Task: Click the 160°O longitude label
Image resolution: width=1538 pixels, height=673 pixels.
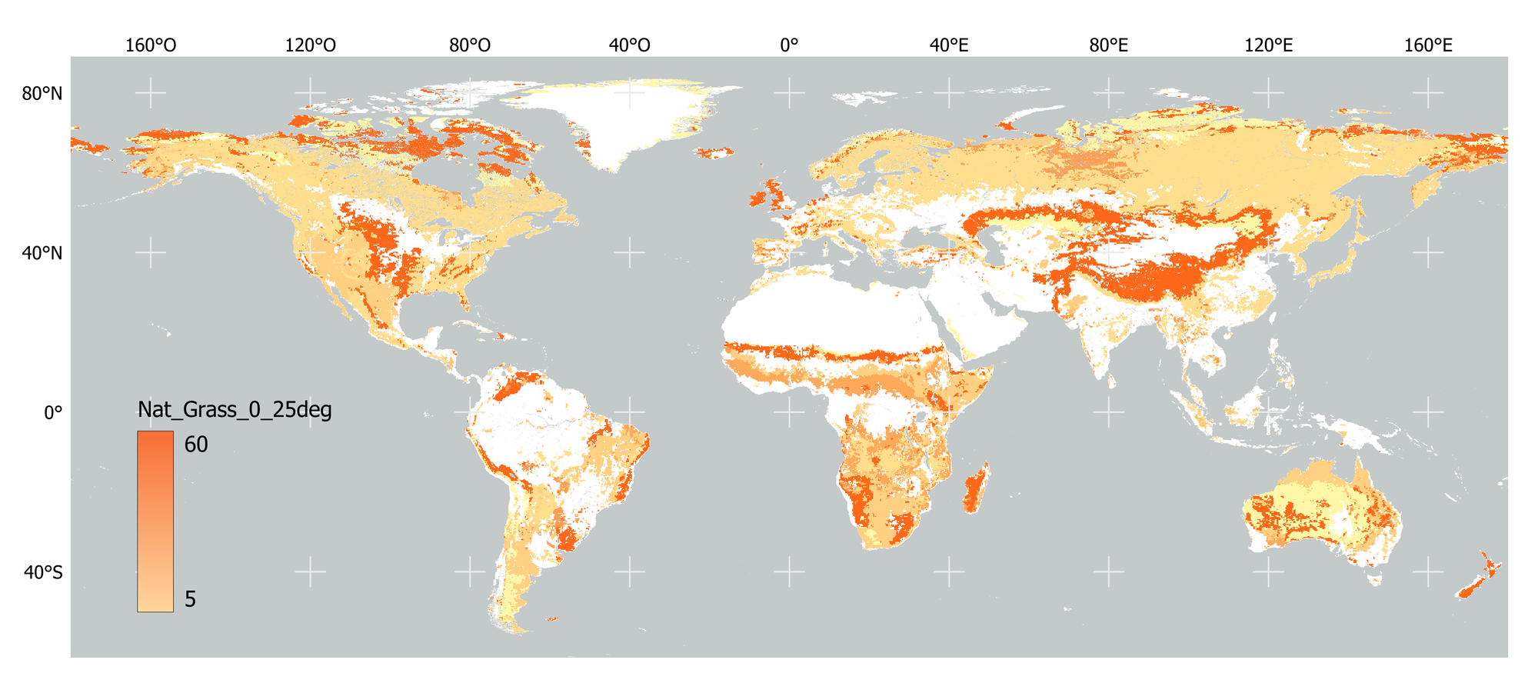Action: [151, 45]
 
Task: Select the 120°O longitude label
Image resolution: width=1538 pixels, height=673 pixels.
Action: [310, 45]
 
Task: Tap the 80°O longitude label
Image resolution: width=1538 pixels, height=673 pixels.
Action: [470, 45]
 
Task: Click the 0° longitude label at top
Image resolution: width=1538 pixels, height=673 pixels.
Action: [789, 45]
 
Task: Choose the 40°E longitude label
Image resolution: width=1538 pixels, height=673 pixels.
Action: [949, 45]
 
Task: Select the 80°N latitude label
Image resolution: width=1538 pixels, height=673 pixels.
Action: [42, 94]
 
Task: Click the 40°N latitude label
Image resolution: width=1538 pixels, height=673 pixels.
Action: [42, 253]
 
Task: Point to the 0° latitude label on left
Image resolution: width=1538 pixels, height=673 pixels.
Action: [52, 413]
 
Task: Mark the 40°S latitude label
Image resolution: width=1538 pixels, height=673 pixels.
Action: [42, 573]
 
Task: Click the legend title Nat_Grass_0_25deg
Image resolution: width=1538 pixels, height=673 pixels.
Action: [235, 410]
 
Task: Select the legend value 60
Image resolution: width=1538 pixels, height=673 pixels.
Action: [196, 445]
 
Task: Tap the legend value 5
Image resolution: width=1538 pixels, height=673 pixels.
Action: [190, 599]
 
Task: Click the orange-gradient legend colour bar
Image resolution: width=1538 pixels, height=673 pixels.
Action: [155, 521]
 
